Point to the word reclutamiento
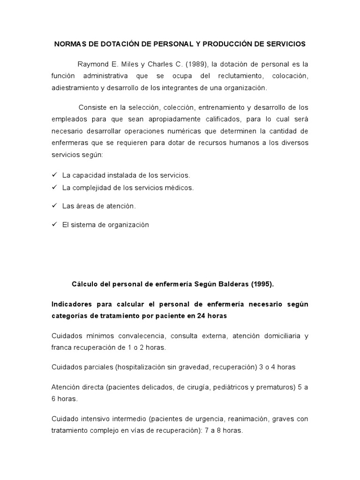tap(230, 75)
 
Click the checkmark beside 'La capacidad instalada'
tap(54, 175)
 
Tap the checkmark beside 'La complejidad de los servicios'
tap(54, 187)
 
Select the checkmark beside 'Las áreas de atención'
tap(54, 206)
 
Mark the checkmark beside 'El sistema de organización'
tap(54, 225)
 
